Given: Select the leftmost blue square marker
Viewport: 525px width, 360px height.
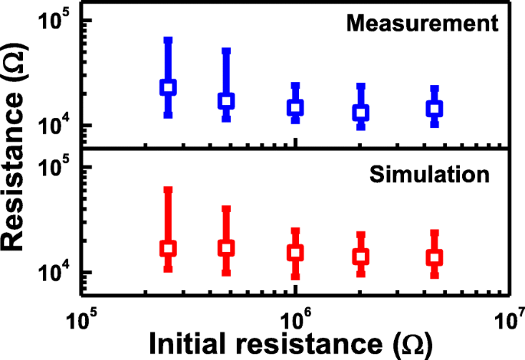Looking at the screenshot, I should [168, 87].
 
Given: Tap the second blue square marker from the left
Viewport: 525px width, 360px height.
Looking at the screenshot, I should [226, 100].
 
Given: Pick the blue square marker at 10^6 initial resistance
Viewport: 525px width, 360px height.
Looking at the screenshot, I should [295, 107].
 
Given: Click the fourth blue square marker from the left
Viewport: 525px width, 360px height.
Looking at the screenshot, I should [360, 113].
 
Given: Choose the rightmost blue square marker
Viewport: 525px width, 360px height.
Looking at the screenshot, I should [435, 109].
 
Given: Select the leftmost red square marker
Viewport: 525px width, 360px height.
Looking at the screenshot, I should [168, 248].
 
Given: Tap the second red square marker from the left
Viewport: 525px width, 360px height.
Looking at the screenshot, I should [226, 247].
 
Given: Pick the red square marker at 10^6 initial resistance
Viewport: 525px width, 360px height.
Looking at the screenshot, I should [295, 252].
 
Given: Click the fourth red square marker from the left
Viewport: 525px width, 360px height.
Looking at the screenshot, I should [360, 256].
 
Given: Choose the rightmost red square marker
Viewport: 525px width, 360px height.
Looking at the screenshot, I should [435, 257].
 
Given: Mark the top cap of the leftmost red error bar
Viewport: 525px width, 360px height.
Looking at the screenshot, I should [168, 188].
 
